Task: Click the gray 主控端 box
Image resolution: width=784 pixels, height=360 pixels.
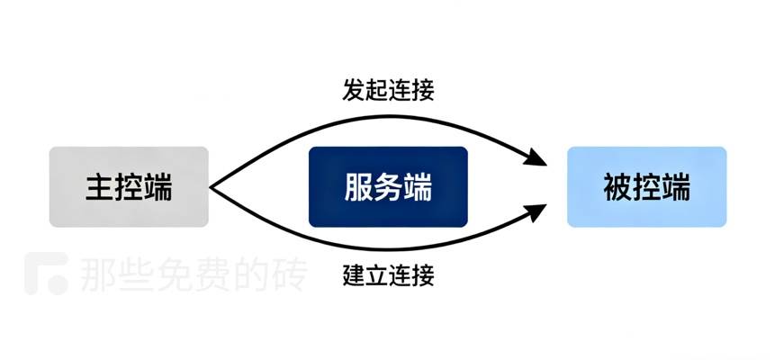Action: point(129,187)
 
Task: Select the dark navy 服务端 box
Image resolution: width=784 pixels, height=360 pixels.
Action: point(388,187)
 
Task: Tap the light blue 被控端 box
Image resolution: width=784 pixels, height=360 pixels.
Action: point(646,187)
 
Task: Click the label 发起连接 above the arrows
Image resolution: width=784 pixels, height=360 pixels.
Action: point(388,91)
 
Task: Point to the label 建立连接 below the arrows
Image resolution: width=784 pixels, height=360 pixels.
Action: point(388,275)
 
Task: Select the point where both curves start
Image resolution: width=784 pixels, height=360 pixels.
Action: point(211,187)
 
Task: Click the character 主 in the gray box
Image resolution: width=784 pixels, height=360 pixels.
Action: point(99,187)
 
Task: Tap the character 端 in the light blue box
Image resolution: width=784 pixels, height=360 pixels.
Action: point(676,187)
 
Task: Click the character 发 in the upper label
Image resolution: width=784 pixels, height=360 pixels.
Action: point(354,91)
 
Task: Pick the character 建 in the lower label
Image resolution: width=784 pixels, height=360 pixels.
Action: point(354,275)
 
